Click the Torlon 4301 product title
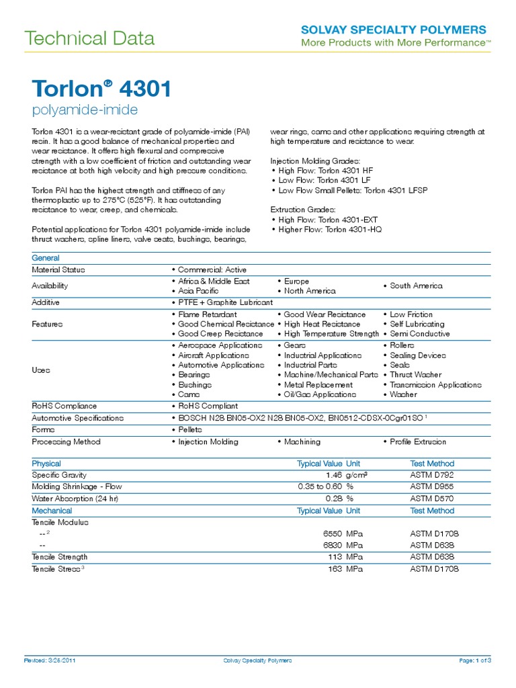point(101,89)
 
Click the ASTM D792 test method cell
point(432,475)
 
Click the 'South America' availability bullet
point(416,286)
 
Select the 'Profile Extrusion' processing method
point(417,441)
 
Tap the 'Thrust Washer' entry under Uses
point(415,375)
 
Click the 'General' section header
point(46,258)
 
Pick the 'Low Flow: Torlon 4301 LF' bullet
point(318,181)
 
